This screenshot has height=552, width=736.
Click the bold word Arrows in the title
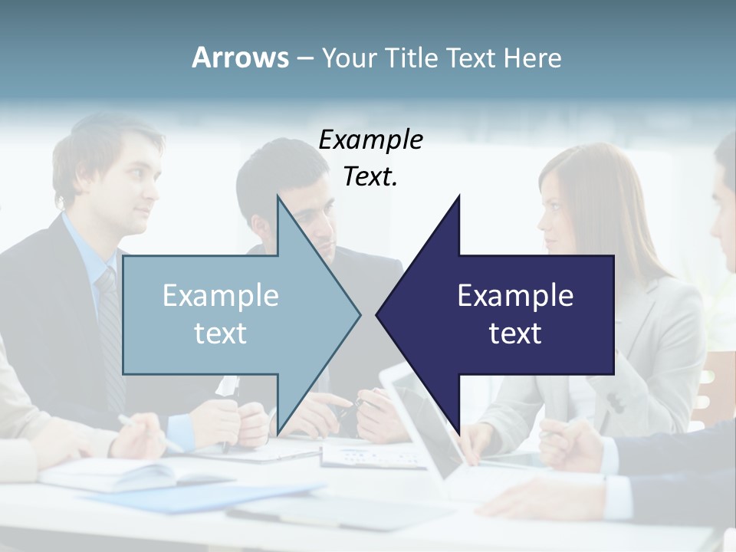point(240,58)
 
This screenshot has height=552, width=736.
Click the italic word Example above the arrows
point(370,140)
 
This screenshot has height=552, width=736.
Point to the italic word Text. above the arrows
point(370,176)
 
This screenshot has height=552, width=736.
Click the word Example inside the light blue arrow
point(221,295)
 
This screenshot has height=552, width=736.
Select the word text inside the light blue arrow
point(221,333)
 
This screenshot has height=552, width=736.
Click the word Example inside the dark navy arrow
point(515,295)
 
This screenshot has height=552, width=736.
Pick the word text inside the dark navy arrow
point(515,333)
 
